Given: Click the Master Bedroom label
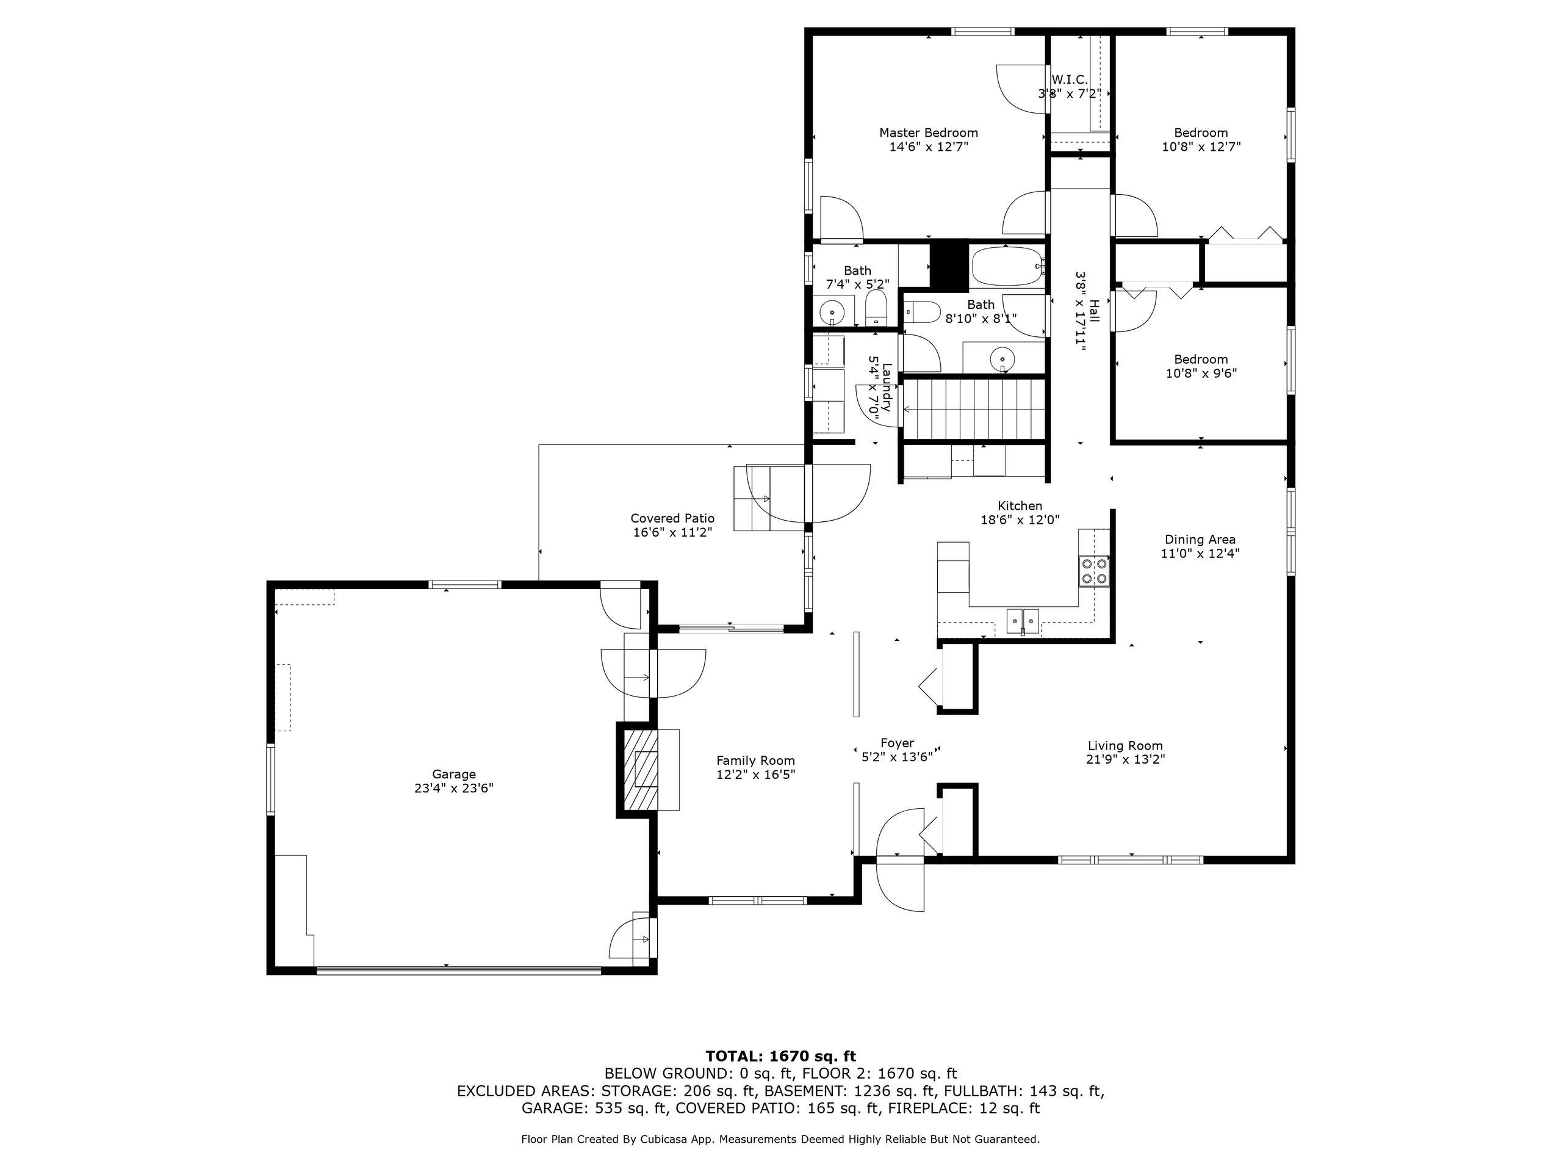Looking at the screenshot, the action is pyautogui.click(x=928, y=133).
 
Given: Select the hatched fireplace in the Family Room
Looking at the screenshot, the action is pyautogui.click(x=638, y=769).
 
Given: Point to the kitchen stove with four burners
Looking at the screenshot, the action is pyautogui.click(x=1094, y=571).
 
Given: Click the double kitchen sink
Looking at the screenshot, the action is pyautogui.click(x=1023, y=621).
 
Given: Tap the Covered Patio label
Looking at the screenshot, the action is pyautogui.click(x=672, y=518).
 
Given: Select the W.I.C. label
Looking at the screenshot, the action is pyautogui.click(x=1070, y=80).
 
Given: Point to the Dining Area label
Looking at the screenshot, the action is pyautogui.click(x=1200, y=540).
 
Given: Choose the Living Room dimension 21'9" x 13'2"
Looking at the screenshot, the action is pyautogui.click(x=1125, y=759).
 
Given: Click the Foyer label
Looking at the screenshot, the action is pyautogui.click(x=897, y=743).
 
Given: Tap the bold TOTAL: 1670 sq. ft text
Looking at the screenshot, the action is pyautogui.click(x=780, y=1057).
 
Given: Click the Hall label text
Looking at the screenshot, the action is pyautogui.click(x=1095, y=311).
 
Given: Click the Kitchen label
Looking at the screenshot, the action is pyautogui.click(x=1020, y=506).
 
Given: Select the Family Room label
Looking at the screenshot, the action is pyautogui.click(x=755, y=761).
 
